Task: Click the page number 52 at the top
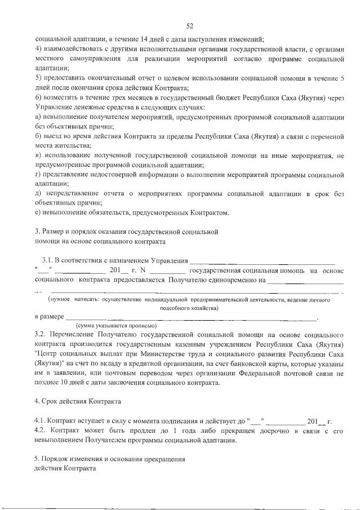point(189,25)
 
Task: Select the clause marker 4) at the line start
point(38,49)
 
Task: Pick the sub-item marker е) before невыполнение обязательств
point(38,212)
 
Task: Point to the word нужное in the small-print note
point(61,300)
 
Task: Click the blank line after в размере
point(192,318)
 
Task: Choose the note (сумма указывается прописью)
point(116,326)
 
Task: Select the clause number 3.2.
point(41,335)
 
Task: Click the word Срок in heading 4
point(54,402)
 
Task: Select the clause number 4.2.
point(41,431)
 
